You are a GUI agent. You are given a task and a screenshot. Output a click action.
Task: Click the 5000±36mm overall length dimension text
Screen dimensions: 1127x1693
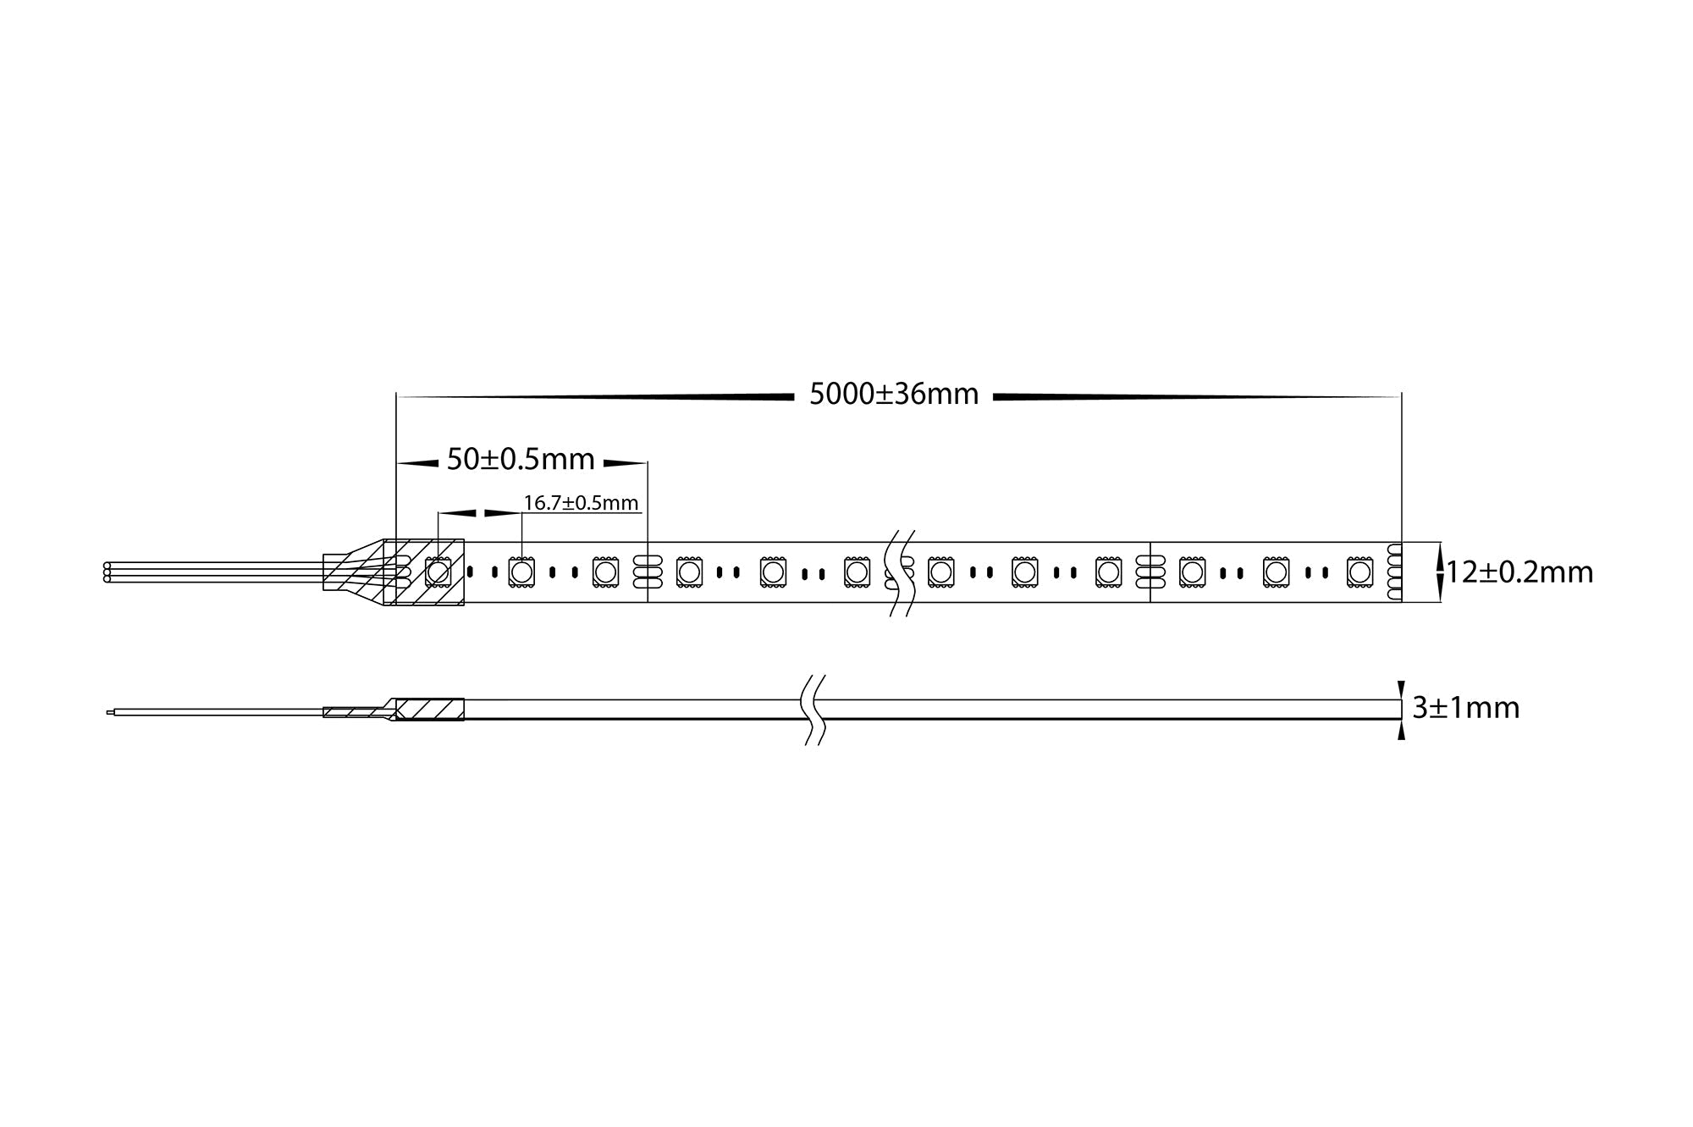point(894,395)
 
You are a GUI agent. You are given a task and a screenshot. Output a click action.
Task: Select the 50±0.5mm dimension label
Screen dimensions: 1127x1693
point(521,460)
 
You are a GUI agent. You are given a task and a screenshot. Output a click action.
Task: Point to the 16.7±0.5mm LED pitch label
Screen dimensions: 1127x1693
point(581,503)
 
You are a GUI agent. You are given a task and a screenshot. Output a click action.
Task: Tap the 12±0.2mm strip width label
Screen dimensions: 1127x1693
point(1519,573)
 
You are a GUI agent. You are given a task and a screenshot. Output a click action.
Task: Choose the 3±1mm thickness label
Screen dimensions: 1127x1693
point(1466,708)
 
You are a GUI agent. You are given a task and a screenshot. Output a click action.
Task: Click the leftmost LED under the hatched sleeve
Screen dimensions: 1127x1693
point(438,572)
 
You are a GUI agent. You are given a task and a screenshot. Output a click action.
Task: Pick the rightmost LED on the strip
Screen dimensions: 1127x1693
point(1359,572)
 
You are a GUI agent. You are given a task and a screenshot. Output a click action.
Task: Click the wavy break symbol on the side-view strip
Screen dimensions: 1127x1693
point(813,710)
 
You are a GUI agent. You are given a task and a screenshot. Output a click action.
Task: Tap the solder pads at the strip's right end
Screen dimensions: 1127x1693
point(1394,572)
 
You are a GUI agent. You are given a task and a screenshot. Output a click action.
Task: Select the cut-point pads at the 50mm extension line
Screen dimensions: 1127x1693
point(647,572)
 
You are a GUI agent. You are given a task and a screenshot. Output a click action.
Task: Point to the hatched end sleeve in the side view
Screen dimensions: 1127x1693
point(430,710)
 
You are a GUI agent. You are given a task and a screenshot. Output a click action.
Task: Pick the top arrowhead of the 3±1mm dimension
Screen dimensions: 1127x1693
point(1401,690)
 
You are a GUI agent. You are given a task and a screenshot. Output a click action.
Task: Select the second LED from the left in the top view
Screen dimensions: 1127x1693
point(521,572)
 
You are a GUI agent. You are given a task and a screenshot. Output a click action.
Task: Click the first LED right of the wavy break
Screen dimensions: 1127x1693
point(940,572)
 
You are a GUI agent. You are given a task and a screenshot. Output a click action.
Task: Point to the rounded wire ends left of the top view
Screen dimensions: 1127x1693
point(107,572)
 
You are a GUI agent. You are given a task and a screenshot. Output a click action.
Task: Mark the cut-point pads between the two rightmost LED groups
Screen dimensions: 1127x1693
point(1150,572)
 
